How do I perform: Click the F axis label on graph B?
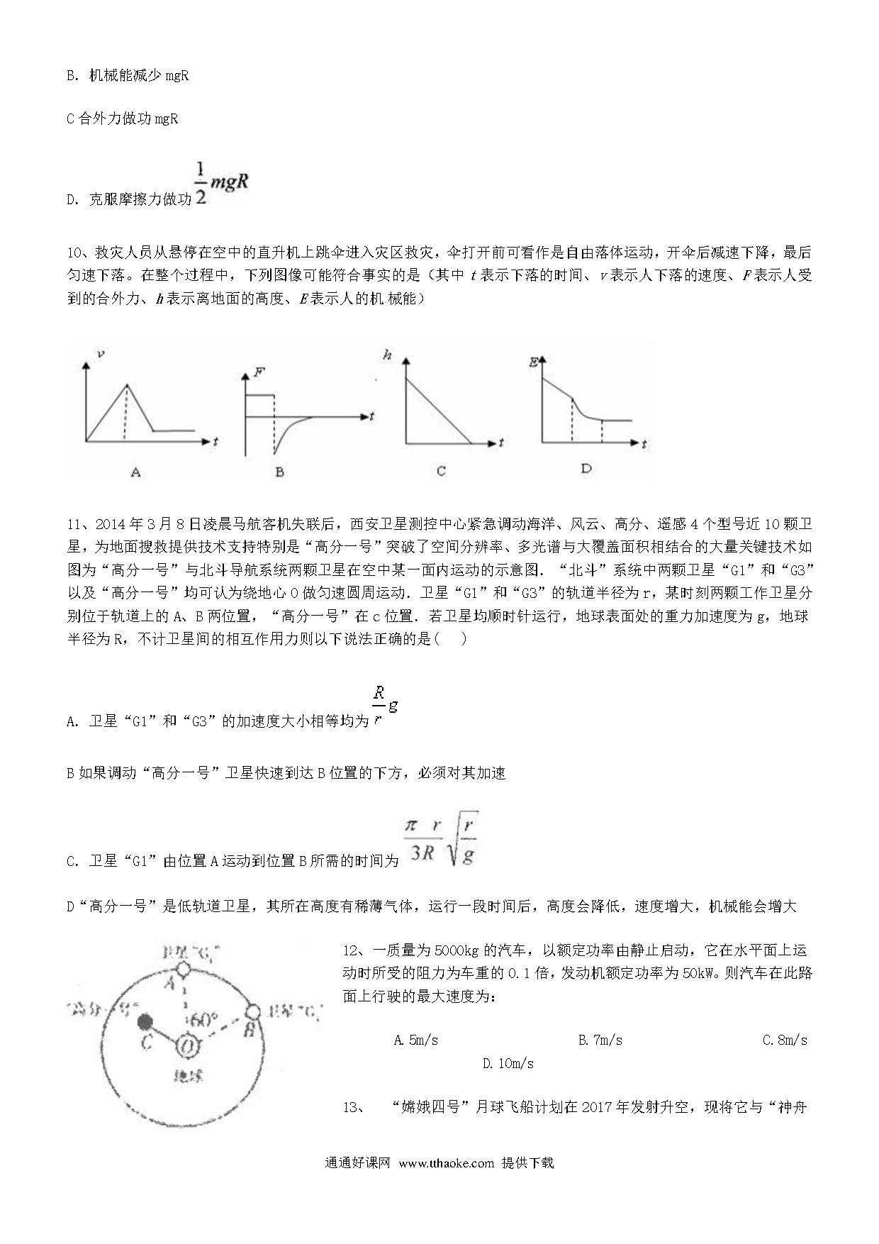259,372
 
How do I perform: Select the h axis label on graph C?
387,355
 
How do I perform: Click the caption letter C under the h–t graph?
441,471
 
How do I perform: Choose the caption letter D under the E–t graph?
586,468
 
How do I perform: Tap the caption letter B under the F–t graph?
279,472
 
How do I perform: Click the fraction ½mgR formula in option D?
222,184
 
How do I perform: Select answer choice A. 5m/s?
415,1040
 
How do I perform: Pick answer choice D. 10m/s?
508,1064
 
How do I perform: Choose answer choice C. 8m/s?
785,1040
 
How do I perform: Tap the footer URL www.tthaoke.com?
446,1163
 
